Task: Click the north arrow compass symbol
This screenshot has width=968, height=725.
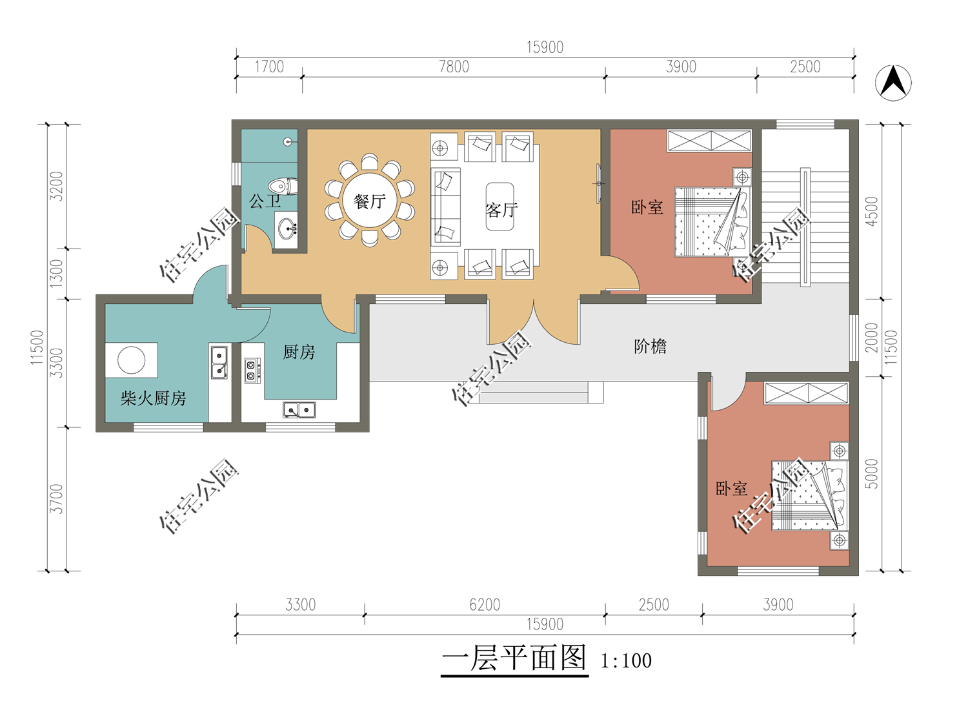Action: [893, 83]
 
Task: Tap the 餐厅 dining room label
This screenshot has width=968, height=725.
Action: [370, 201]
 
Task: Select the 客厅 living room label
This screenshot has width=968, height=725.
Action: [501, 210]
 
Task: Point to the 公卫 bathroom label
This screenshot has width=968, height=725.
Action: [265, 201]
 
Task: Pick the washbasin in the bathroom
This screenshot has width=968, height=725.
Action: [287, 229]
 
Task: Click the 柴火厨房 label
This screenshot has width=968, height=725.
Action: [153, 398]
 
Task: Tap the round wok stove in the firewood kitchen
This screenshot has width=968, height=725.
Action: [132, 360]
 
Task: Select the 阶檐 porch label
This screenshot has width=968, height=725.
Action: [650, 346]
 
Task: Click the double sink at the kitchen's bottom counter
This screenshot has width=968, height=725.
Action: [299, 410]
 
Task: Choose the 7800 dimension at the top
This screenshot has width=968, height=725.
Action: [454, 67]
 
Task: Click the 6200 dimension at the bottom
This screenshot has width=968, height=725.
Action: [485, 605]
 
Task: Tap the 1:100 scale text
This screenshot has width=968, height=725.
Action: [626, 660]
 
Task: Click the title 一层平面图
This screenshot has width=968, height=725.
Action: [514, 657]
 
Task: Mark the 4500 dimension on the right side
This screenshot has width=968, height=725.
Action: [872, 212]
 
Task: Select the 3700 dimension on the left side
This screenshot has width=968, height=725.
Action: [56, 499]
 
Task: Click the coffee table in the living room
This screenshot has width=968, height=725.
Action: [499, 207]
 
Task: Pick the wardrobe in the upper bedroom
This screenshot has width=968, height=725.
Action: [709, 141]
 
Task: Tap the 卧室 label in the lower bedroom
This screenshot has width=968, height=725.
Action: [731, 488]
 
